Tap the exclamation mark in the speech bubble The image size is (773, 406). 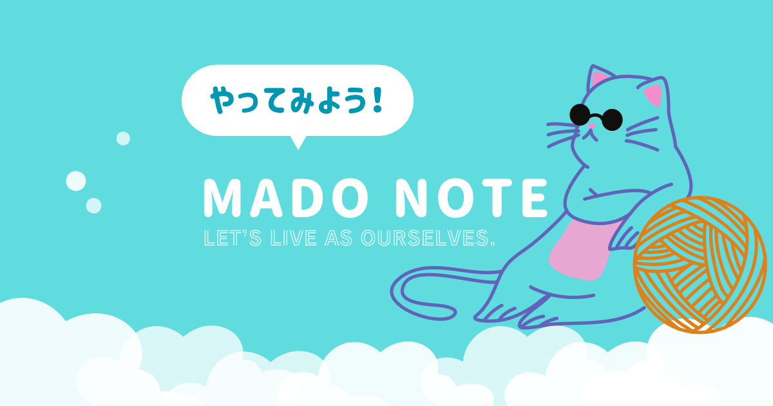[377, 100]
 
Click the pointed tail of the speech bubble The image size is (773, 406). [298, 142]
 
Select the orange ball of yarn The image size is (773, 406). [700, 264]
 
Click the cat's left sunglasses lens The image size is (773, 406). [580, 114]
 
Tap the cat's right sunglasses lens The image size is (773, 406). [612, 119]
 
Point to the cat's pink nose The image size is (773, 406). [592, 126]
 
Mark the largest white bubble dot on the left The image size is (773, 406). [76, 181]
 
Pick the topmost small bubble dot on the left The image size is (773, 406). [123, 139]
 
